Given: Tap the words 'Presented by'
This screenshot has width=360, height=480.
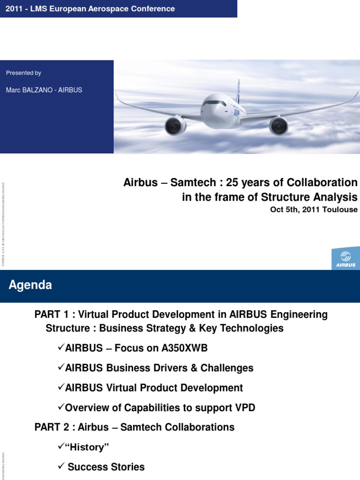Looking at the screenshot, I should point(23,73).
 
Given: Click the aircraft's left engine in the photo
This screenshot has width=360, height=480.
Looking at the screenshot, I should point(176,125).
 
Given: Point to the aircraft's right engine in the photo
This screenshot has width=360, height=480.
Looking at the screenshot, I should point(278,126).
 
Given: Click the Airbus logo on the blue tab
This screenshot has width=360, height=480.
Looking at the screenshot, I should point(346,258).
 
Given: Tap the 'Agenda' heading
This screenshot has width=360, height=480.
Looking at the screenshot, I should point(30,285).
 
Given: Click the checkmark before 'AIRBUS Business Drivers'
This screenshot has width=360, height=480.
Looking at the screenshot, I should point(61,367).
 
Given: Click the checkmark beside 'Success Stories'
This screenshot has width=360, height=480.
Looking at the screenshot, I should point(61,466).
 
